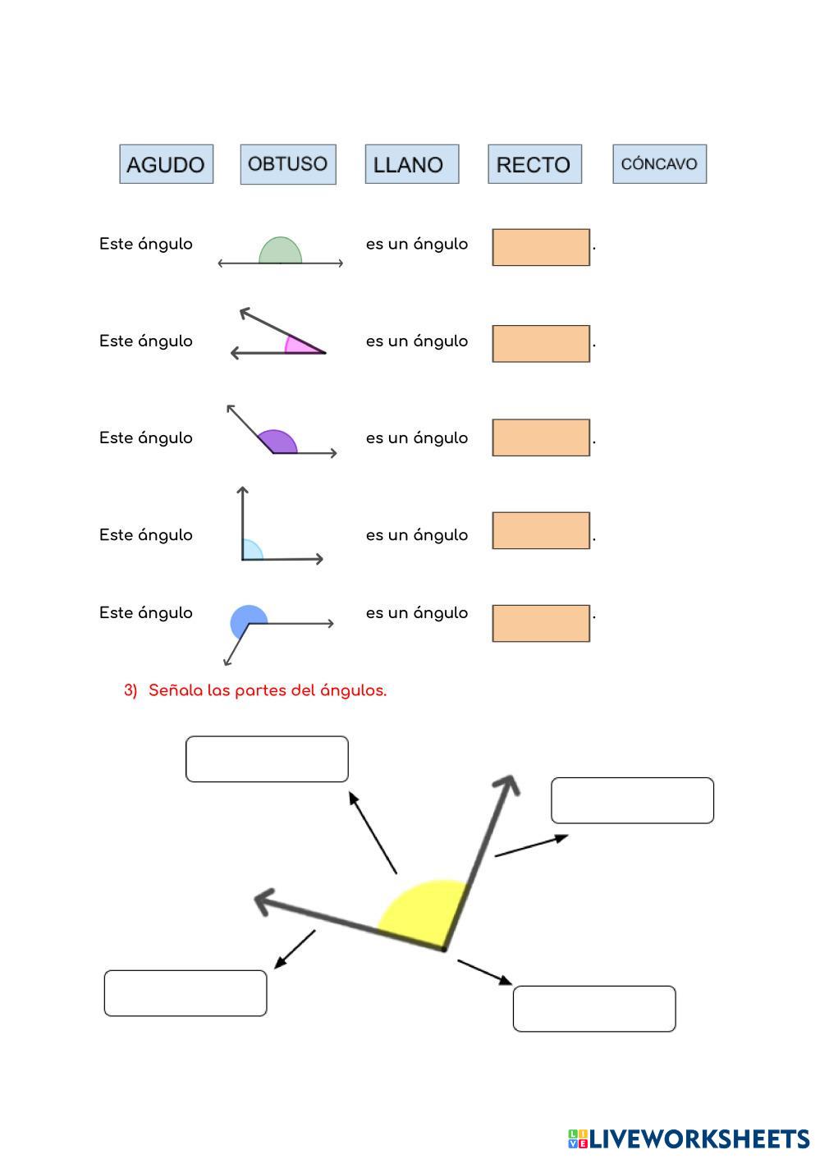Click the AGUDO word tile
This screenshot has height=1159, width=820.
coord(166,164)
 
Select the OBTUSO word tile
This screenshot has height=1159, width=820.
coord(288,164)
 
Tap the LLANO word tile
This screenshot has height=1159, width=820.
coord(411,164)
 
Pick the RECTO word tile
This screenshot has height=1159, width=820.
coord(534,164)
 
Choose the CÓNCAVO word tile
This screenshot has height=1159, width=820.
coord(659,164)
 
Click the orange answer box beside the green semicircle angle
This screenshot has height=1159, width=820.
coord(541,247)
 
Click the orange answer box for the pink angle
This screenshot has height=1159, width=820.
coord(541,343)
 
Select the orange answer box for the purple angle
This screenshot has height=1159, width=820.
coord(541,437)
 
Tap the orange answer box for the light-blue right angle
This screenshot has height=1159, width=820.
coord(541,530)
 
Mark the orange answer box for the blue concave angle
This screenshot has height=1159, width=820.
coord(541,623)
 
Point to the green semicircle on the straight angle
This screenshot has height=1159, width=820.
coord(280,251)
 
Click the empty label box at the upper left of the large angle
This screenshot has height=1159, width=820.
coord(267,759)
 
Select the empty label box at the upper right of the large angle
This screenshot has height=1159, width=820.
coord(632,800)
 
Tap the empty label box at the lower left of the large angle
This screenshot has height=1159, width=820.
coord(186,993)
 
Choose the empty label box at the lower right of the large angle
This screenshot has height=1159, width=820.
coord(594,1009)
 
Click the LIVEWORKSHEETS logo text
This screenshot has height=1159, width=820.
coord(698,1138)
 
